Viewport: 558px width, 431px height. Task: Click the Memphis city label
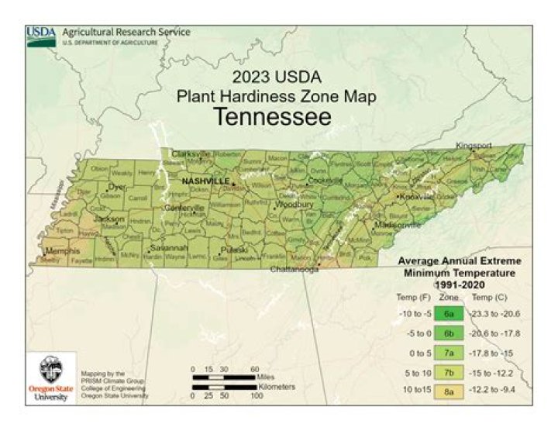(63, 251)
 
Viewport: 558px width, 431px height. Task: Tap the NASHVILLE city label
(205, 181)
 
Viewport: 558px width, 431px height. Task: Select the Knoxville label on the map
(415, 197)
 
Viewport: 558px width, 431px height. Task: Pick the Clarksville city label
(191, 153)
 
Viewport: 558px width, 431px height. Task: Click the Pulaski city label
(233, 250)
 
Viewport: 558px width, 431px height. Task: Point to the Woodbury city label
(293, 205)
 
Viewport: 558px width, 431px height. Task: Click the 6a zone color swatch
(449, 314)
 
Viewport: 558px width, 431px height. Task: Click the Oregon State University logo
(50, 378)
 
